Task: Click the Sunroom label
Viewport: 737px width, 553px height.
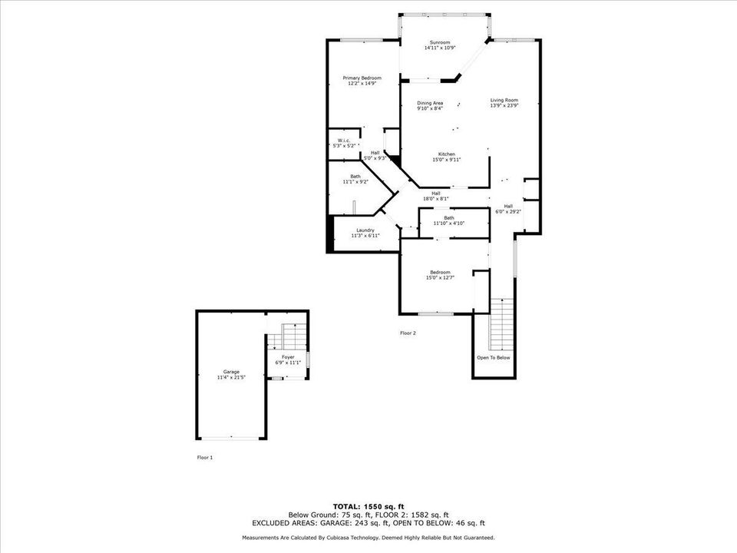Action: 440,42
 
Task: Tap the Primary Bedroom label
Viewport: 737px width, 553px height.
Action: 362,78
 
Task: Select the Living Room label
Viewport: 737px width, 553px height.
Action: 504,100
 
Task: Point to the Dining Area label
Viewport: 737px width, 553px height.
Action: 430,103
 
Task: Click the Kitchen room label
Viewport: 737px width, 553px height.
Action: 448,154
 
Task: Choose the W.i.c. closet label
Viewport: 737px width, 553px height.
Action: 344,140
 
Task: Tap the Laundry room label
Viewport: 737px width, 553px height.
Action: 365,230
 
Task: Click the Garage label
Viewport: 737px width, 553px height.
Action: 231,372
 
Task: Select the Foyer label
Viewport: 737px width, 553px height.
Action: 288,357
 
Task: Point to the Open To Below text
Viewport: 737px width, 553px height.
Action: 493,358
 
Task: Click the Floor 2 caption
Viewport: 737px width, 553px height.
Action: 408,333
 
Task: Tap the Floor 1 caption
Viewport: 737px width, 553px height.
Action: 205,457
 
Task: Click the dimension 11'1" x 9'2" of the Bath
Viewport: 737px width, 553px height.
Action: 355,182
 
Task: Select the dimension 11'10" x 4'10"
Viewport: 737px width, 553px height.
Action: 449,223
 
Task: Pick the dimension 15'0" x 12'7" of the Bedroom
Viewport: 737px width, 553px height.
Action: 440,278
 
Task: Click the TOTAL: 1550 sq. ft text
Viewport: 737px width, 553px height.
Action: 368,507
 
